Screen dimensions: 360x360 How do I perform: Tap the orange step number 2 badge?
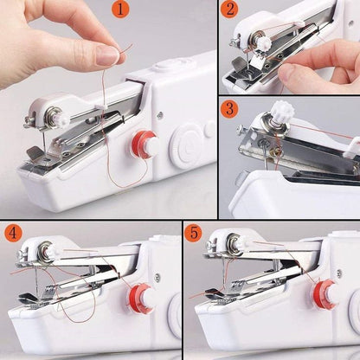229,11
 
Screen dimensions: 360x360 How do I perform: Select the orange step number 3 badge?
229,109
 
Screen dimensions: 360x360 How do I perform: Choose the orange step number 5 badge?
195,233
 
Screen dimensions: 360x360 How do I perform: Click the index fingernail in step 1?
107,55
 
